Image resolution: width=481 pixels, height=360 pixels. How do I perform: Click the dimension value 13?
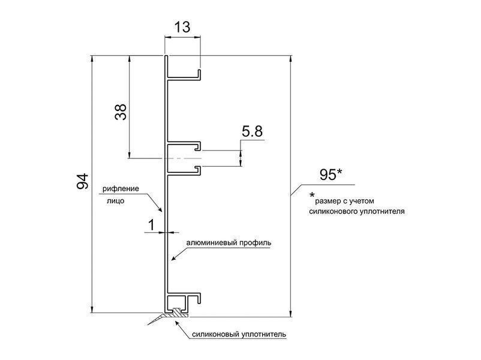coord(182,27)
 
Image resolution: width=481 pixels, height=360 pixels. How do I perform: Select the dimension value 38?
coord(121,112)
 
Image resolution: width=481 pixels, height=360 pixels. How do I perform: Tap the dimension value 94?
coord(82,181)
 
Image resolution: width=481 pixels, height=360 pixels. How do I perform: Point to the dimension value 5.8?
coord(252,131)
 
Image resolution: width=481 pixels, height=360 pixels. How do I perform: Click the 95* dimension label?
coord(331,175)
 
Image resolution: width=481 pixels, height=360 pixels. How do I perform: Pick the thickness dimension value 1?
coord(152,225)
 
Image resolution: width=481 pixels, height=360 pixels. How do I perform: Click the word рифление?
coord(121,189)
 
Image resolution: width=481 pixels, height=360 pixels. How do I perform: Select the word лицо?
coord(116,201)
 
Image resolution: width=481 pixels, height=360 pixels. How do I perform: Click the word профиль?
coord(255,243)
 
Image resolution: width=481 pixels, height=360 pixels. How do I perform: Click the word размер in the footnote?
coord(327,202)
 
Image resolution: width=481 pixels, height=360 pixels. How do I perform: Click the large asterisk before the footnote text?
coord(312,195)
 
